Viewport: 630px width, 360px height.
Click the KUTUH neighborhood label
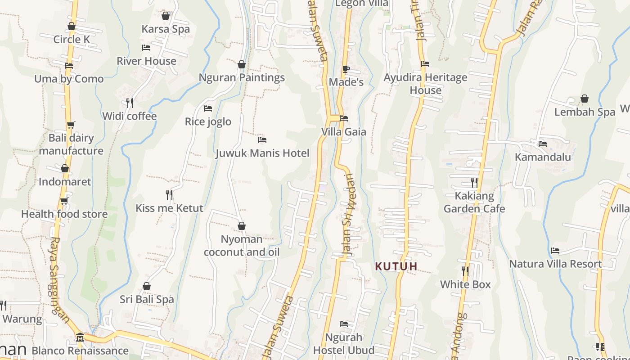click(396, 266)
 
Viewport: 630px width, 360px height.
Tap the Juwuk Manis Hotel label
click(262, 153)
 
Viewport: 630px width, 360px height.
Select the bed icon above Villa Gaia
click(344, 118)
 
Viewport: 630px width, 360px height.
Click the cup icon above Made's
click(346, 69)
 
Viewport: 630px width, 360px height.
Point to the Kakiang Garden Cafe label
click(474, 202)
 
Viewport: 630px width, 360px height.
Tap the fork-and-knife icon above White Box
click(465, 271)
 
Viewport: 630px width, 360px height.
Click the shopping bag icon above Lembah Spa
click(584, 99)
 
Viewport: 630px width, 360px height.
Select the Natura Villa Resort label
click(555, 264)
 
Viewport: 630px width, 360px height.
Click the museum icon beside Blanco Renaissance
click(80, 337)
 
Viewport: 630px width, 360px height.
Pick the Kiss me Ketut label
click(170, 208)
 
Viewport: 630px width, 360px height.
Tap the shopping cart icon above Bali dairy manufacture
click(71, 125)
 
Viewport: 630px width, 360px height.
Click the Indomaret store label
click(65, 182)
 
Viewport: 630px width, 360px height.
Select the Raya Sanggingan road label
click(59, 279)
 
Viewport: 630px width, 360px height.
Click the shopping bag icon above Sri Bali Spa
click(146, 286)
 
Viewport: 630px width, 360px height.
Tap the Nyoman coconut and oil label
click(242, 246)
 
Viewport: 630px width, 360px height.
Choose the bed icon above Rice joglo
click(208, 108)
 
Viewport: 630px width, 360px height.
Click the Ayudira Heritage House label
click(425, 84)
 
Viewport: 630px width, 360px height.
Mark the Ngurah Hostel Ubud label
click(344, 344)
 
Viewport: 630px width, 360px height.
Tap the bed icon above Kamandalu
click(543, 144)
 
